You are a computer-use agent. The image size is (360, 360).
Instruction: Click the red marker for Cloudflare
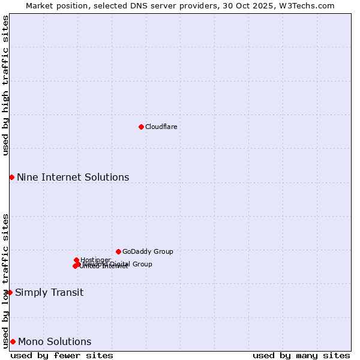[x=141, y=127]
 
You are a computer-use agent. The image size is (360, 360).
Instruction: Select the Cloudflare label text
[x=161, y=127]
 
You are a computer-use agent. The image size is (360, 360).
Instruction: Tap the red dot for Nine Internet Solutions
[x=11, y=177]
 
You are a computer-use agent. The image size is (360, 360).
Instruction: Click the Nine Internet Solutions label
[x=73, y=177]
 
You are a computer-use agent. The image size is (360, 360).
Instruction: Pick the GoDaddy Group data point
[x=118, y=251]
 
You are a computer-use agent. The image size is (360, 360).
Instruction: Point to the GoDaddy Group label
[x=148, y=251]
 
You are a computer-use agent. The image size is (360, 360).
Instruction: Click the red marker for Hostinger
[x=76, y=260]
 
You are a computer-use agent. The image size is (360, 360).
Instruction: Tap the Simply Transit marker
[x=10, y=292]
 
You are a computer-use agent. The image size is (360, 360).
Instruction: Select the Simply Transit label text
[x=49, y=293]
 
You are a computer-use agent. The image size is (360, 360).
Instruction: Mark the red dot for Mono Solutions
[x=13, y=341]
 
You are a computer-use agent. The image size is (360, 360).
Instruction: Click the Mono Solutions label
[x=55, y=342]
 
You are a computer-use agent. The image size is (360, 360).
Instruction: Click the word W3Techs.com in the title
[x=309, y=5]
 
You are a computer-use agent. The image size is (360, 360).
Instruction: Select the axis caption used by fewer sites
[x=62, y=355]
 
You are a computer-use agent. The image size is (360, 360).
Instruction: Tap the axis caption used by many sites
[x=301, y=355]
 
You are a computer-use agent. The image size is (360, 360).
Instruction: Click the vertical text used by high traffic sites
[x=5, y=86]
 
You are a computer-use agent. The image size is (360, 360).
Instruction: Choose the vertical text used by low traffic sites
[x=5, y=280]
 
